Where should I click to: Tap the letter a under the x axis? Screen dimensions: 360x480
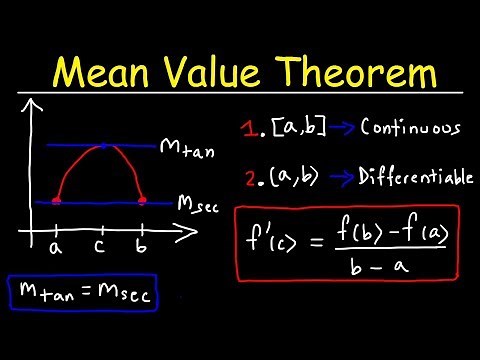coord(57,244)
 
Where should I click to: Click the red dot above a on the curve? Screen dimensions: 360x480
coord(56,202)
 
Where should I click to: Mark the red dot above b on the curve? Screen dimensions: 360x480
coord(142,201)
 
